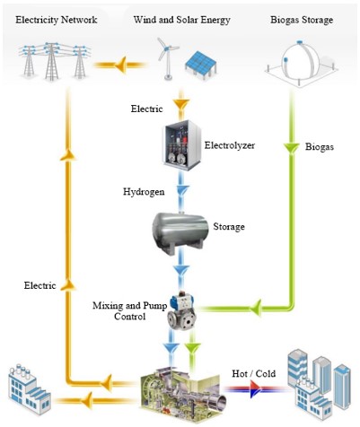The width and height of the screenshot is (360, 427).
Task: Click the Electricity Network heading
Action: [57, 20]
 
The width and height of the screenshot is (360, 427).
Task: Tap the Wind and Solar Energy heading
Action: [182, 20]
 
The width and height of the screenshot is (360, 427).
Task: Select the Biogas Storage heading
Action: [302, 20]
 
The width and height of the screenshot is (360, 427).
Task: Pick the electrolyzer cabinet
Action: [181, 145]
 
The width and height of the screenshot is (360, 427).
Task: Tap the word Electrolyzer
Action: [230, 145]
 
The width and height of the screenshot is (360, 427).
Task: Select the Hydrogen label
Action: [144, 191]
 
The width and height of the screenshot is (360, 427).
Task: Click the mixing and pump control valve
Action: [181, 312]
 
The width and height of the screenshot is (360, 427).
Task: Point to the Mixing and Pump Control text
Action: [129, 310]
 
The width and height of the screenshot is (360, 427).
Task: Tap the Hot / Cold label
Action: [254, 373]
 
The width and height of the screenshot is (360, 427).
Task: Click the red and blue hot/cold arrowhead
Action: [255, 389]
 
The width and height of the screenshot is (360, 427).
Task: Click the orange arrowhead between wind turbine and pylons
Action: [120, 65]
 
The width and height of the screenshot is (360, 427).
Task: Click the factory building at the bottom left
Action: [29, 388]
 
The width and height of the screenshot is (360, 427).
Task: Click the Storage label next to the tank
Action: [229, 227]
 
